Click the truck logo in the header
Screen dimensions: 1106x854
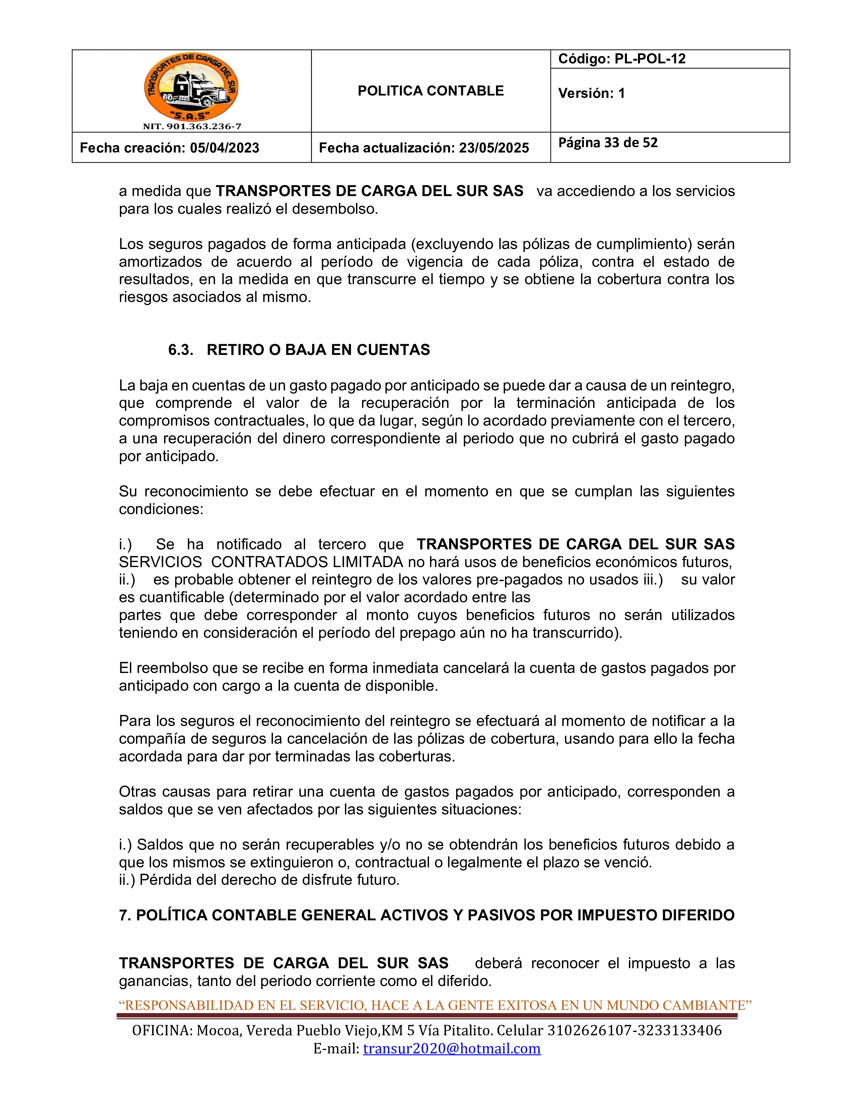191,87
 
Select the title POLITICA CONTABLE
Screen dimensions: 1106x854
431,91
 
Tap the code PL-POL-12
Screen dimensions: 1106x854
650,59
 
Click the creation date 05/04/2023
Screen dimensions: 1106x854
225,148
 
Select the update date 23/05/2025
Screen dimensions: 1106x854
494,148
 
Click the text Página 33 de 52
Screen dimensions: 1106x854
608,143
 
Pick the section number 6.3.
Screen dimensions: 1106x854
181,350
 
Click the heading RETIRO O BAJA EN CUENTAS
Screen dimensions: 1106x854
318,350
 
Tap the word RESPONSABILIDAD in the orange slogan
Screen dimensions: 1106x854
189,1005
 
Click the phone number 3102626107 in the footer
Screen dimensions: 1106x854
586,1031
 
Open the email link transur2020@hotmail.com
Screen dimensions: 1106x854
451,1048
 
